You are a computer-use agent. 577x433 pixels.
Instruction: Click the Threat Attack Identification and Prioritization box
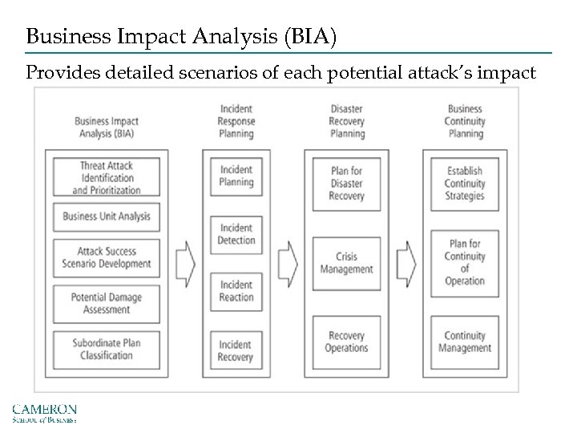tap(107, 178)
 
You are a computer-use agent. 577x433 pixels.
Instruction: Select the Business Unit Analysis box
tap(107, 216)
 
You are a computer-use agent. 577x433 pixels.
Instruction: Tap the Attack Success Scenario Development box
tap(107, 257)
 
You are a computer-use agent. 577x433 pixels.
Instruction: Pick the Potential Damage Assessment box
tap(107, 303)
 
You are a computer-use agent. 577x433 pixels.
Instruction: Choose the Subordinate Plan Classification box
tap(107, 350)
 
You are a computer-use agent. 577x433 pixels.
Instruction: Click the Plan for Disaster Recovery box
tap(347, 184)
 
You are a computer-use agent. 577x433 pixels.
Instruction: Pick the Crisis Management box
tap(347, 263)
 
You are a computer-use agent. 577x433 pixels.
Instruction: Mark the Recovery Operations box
tap(347, 342)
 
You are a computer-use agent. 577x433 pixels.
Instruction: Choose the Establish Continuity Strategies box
tap(465, 184)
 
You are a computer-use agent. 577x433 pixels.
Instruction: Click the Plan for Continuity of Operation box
tap(465, 263)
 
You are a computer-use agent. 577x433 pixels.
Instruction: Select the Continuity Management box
tap(465, 342)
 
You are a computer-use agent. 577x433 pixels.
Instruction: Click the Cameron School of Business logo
tap(44, 413)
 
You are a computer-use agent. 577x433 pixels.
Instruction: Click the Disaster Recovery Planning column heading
tap(347, 121)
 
